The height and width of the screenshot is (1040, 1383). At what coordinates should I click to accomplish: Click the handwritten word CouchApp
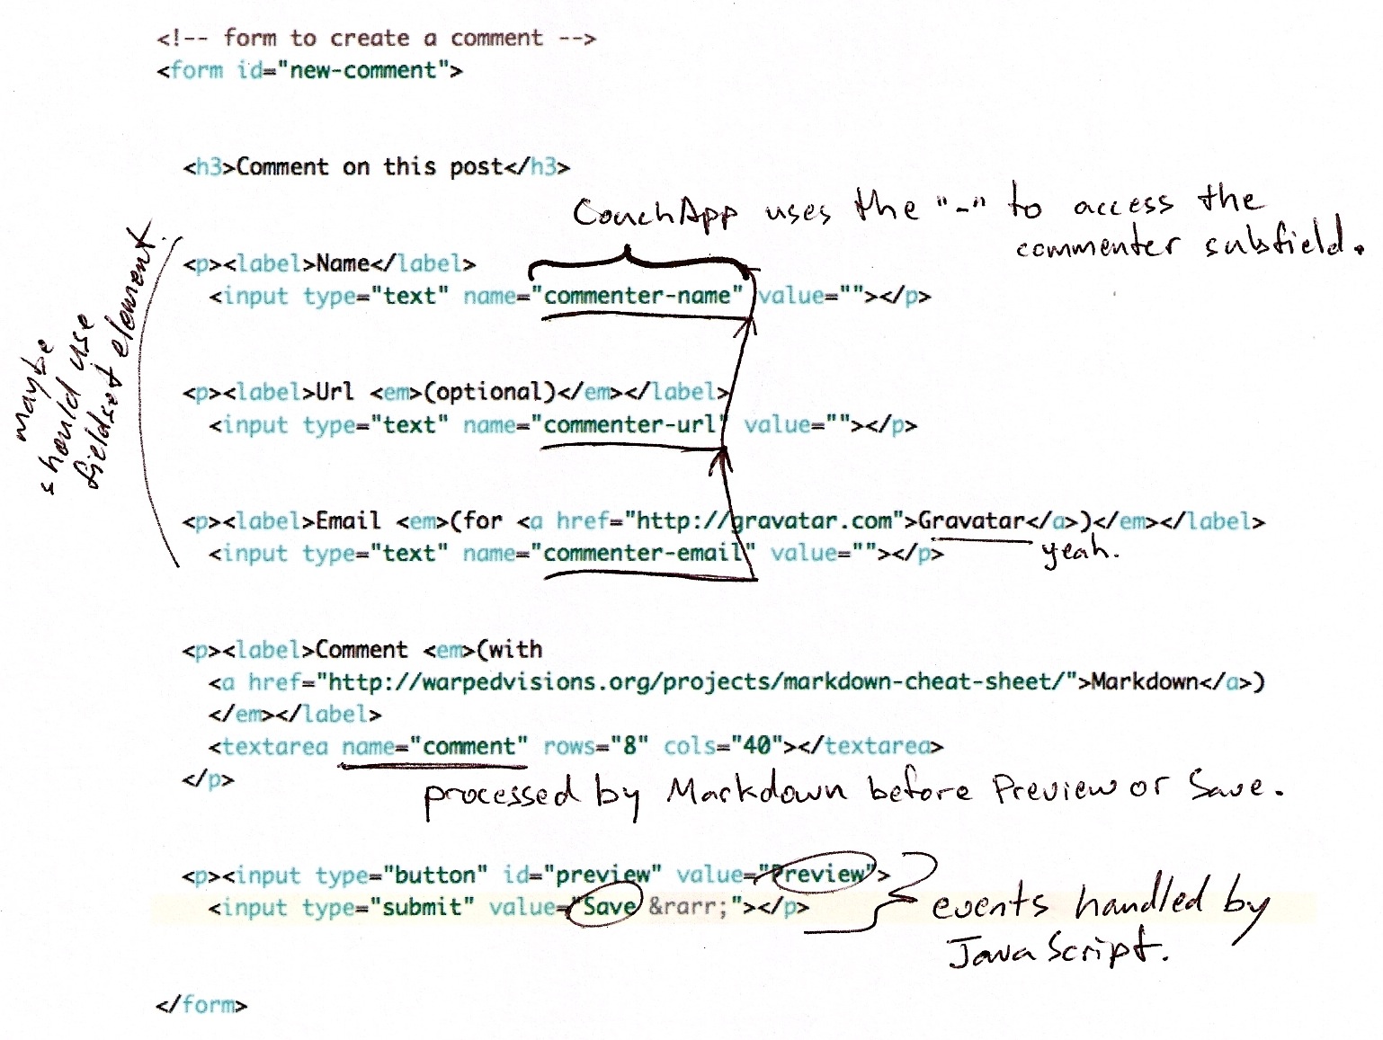655,214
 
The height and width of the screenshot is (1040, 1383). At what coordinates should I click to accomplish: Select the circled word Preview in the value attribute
823,873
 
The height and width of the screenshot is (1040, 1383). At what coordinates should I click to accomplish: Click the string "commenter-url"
629,424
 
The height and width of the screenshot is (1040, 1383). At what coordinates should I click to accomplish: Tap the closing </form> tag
201,1004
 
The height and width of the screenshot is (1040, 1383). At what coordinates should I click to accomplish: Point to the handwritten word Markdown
756,790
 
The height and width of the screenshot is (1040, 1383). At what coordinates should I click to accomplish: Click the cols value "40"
756,746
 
